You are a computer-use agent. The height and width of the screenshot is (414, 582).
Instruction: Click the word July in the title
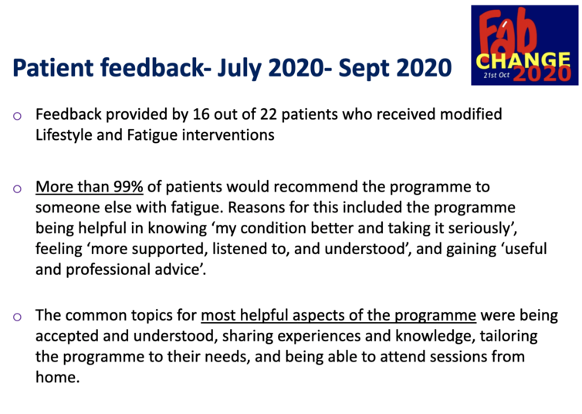tap(239, 68)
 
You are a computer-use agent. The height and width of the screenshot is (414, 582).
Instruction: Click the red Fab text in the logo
tap(507, 33)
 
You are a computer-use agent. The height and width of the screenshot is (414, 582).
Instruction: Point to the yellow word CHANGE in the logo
tap(523, 60)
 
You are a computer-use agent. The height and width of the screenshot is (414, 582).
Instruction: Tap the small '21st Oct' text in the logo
tap(496, 76)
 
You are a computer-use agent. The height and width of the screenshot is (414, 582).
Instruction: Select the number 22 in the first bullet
tap(269, 114)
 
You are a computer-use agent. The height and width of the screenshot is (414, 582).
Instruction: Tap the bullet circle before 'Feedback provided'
tap(17, 116)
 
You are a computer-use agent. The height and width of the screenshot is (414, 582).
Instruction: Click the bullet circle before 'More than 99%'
tap(17, 189)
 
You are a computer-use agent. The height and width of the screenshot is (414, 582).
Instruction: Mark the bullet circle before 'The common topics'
tap(17, 317)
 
